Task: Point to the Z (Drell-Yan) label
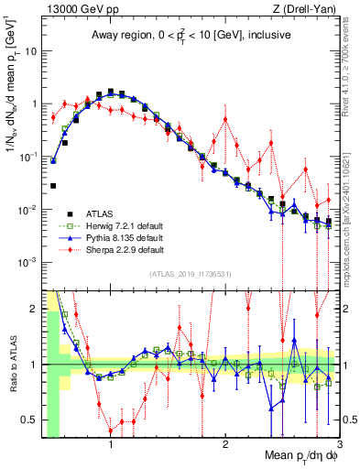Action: [x=308, y=8]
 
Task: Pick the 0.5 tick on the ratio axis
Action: [x=31, y=420]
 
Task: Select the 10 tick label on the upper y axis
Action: [x=30, y=50]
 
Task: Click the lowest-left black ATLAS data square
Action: [x=54, y=186]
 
